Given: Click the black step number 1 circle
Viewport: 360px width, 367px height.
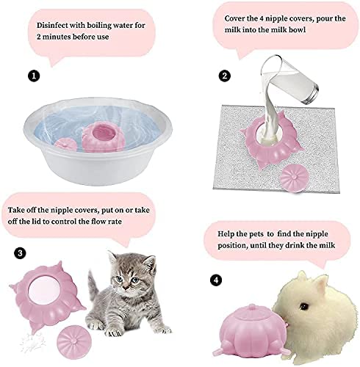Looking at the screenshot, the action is click(34, 76).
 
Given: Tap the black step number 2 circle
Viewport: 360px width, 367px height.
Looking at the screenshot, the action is click(225, 76).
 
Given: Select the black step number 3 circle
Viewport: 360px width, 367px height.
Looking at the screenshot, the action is click(20, 252).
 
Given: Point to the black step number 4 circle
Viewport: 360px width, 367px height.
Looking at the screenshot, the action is click(216, 280).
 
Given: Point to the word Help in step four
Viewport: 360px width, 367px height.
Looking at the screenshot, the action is click(226, 234).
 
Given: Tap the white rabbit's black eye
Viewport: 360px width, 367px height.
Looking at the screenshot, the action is click(304, 306).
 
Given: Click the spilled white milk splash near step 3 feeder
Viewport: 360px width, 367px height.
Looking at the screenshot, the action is click(32, 343).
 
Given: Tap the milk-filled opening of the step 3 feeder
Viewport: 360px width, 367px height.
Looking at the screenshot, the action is click(45, 291).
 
